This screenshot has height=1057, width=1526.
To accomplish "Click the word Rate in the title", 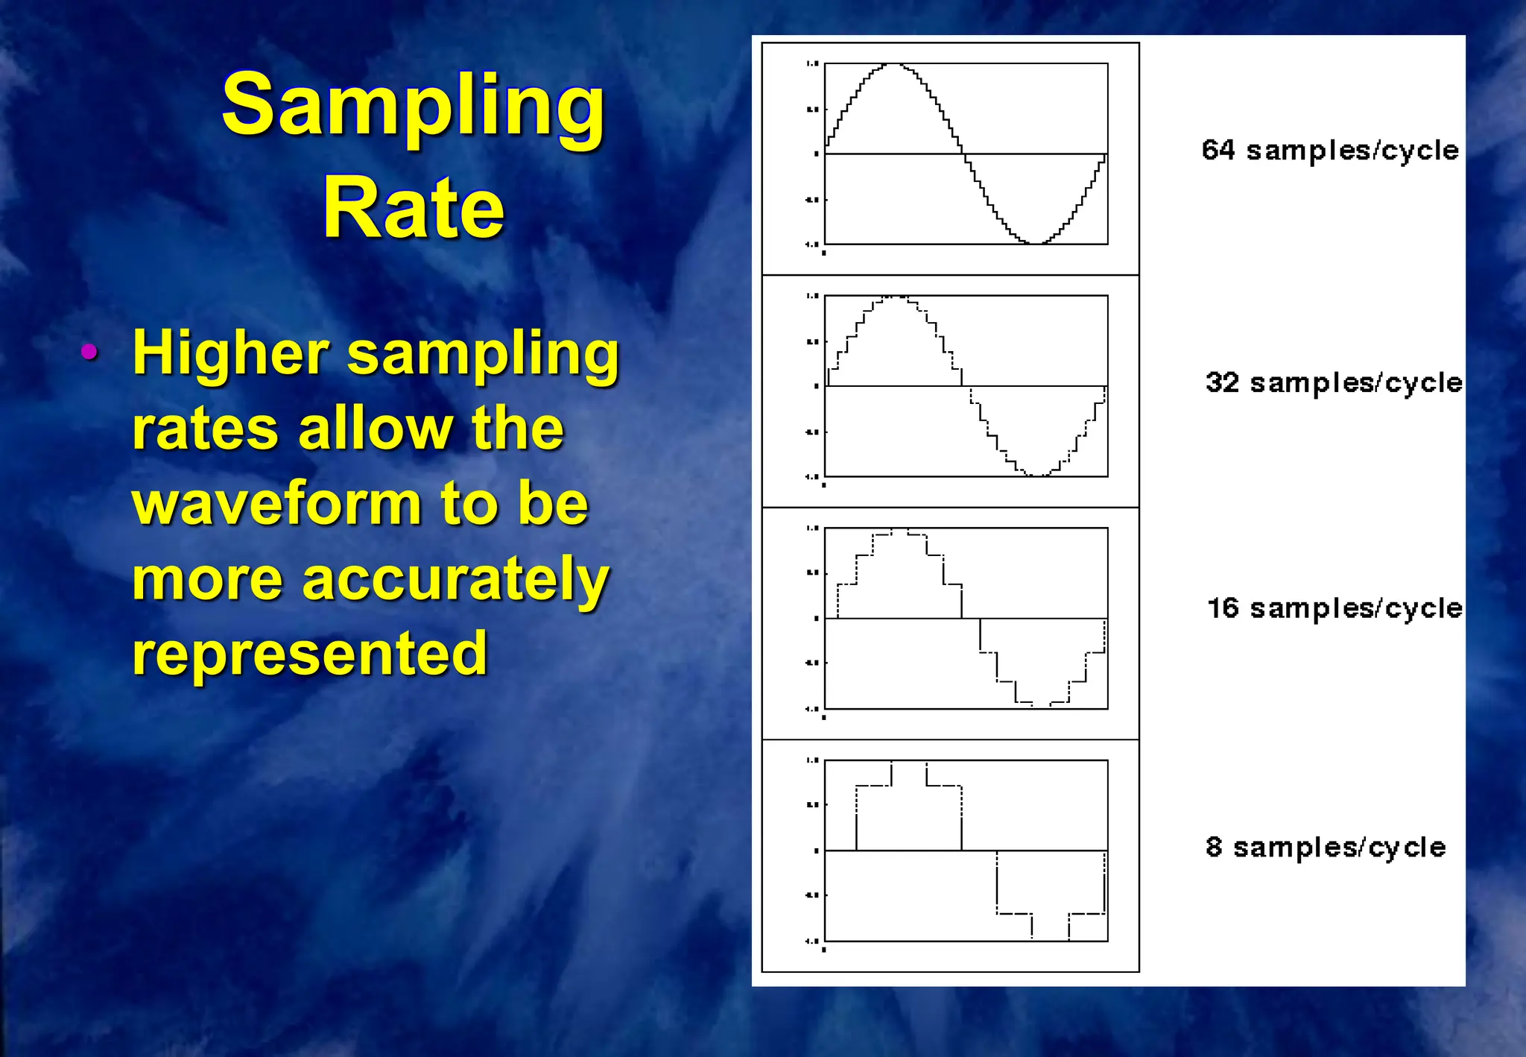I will (x=414, y=208).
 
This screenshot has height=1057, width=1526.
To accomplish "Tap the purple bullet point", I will (x=89, y=352).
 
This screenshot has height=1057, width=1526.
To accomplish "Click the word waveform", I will (x=276, y=503).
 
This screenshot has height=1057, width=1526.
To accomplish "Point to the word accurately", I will (x=456, y=579).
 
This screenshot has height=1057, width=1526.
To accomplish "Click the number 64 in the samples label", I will (x=1218, y=150).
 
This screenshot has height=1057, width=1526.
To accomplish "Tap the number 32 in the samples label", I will (x=1222, y=382).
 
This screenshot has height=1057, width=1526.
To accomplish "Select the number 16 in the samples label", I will (x=1223, y=608).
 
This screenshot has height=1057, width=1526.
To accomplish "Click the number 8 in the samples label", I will (x=1214, y=847).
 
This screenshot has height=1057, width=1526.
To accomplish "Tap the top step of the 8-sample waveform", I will (x=909, y=762).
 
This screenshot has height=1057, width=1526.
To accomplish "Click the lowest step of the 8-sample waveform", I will (x=1050, y=939).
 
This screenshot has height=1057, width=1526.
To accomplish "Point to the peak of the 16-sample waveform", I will (x=900, y=530).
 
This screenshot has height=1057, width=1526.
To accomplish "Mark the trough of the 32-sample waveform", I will (x=1036, y=475).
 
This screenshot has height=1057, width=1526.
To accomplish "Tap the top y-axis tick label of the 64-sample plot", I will (x=812, y=64).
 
